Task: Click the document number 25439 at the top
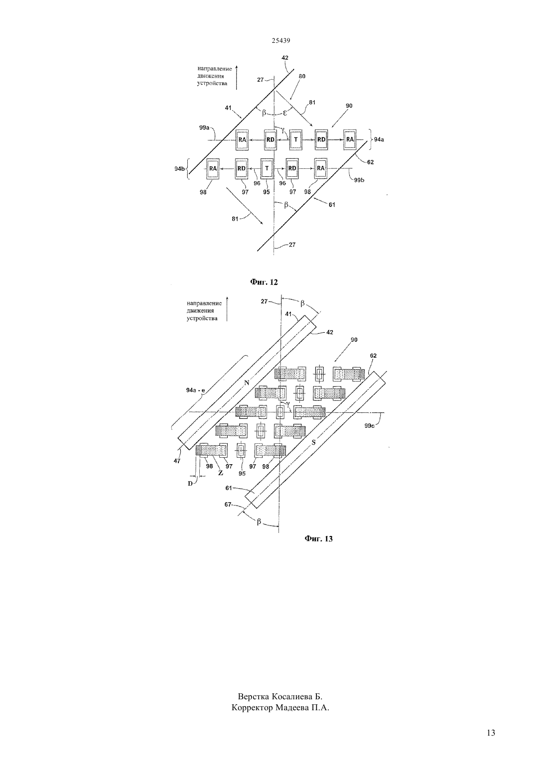tap(280, 40)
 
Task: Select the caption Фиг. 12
tap(264, 282)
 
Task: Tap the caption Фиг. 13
tap(319, 539)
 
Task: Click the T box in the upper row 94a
tap(296, 140)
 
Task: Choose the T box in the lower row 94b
tap(267, 168)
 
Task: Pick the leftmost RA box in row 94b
tap(213, 168)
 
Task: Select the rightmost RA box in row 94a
tap(350, 140)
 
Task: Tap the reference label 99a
tap(204, 128)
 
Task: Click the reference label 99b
tap(359, 180)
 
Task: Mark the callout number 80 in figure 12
tap(302, 76)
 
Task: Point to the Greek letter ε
tap(285, 113)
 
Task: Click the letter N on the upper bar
tap(247, 383)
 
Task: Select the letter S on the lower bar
tap(314, 442)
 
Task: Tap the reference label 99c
tap(370, 426)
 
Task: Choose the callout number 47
tap(177, 461)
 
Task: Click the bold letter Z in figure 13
tap(221, 473)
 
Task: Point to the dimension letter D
tap(190, 484)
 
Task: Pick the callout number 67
tap(228, 505)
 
